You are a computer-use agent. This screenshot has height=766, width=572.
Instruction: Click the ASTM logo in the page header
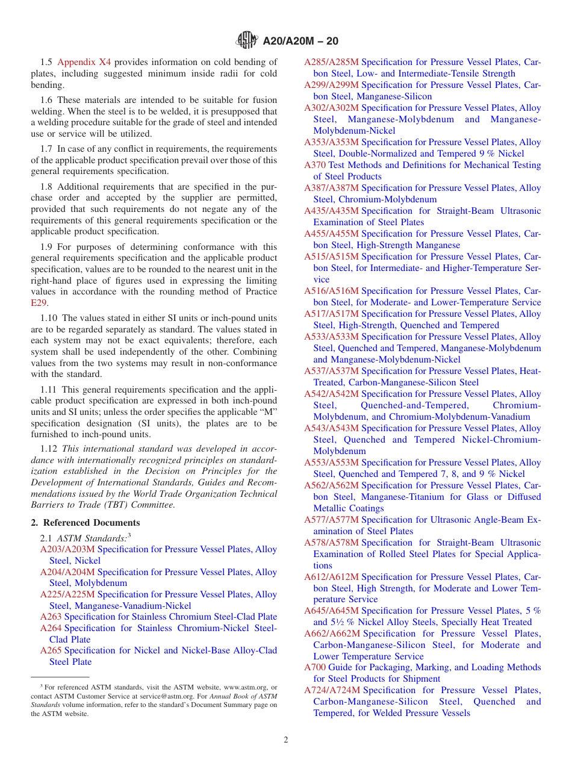(x=247, y=40)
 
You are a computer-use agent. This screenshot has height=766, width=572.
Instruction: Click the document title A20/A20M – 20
(x=300, y=41)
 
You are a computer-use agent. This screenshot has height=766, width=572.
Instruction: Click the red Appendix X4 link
(x=84, y=62)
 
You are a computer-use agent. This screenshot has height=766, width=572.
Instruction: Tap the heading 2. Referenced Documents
(x=85, y=523)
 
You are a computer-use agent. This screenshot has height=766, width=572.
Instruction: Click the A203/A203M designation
(x=67, y=549)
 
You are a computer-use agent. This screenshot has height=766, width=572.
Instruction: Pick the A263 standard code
(x=51, y=617)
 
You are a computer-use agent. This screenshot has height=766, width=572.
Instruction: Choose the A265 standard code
(x=51, y=650)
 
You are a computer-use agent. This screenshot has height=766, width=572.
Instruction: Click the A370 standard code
(x=314, y=165)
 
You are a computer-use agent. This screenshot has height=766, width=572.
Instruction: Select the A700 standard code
(x=314, y=667)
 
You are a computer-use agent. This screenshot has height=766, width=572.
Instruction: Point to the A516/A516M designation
(x=331, y=291)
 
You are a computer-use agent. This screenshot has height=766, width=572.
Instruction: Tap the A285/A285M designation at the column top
(x=331, y=62)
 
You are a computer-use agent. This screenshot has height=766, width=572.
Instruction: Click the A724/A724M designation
(x=331, y=690)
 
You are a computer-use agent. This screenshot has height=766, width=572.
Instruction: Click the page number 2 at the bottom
(x=286, y=740)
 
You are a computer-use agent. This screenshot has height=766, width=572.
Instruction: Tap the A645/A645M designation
(x=331, y=611)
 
